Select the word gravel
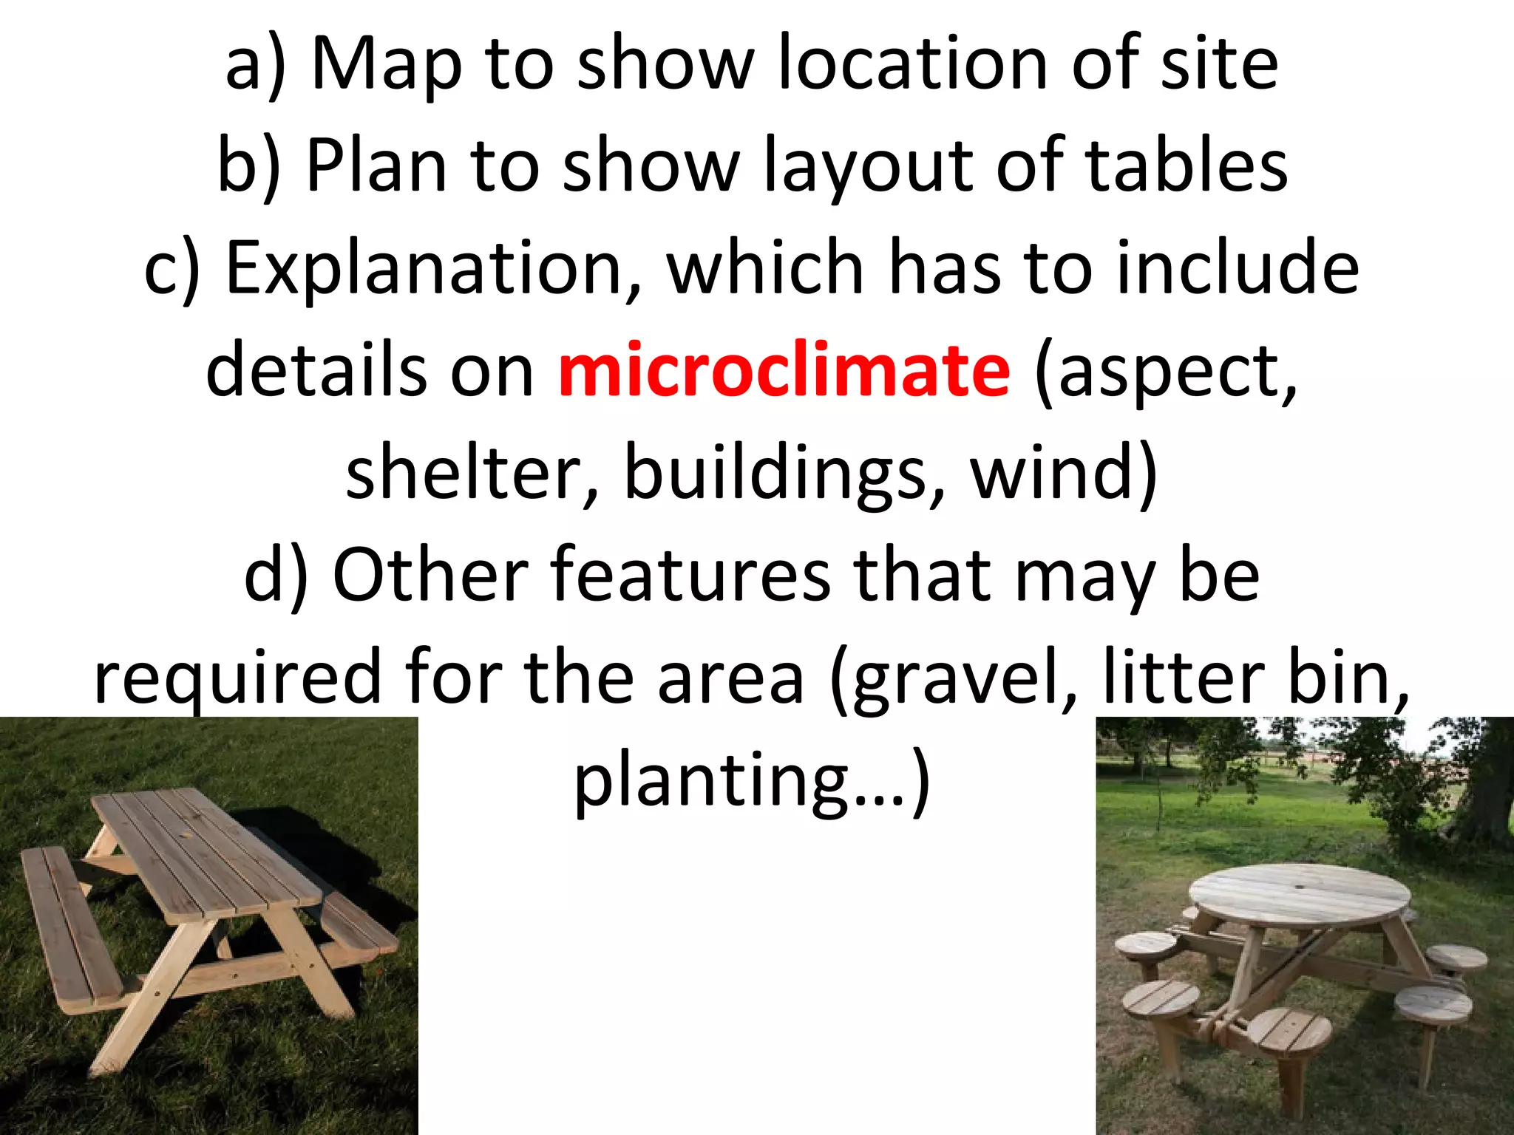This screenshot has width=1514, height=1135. (x=953, y=678)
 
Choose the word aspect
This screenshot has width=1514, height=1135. (x=1167, y=371)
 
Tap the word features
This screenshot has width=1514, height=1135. (x=690, y=574)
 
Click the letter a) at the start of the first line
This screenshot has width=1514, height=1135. (x=255, y=67)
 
